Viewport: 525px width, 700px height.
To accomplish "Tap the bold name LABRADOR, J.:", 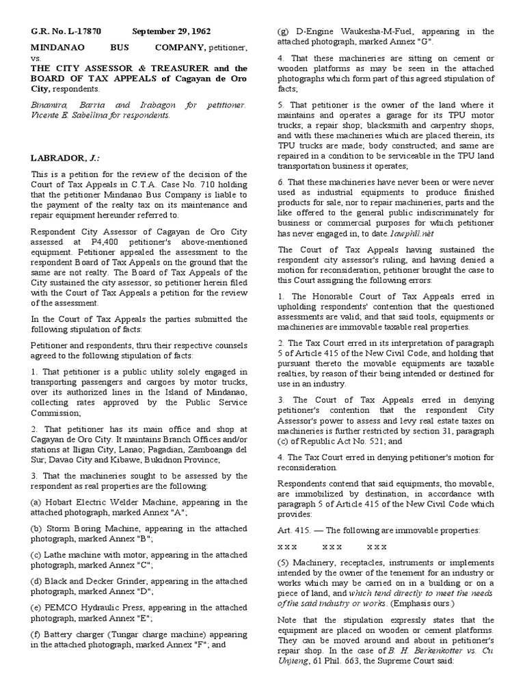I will coord(63,159).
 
